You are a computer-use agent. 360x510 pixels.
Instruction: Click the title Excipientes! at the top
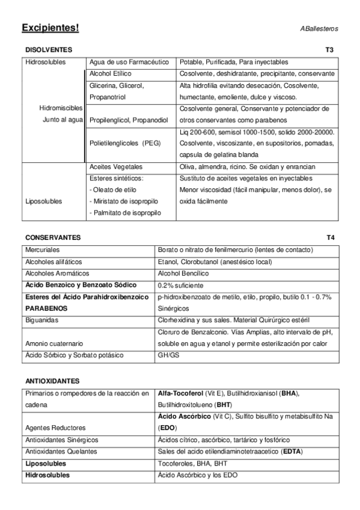[x=50, y=28]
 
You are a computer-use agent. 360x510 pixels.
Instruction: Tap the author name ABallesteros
[x=319, y=29]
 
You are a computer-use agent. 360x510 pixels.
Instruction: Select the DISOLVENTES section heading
[x=49, y=50]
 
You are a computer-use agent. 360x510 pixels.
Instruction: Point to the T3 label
[x=329, y=50]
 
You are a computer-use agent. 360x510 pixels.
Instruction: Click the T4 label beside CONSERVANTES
[x=330, y=238]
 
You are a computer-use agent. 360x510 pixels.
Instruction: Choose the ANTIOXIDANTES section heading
[x=53, y=381]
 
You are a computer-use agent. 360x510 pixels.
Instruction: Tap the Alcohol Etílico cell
[x=110, y=73]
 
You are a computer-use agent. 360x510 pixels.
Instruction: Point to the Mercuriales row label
[x=43, y=250]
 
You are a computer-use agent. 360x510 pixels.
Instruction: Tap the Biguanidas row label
[x=41, y=319]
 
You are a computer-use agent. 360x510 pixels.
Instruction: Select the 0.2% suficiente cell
[x=182, y=284]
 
